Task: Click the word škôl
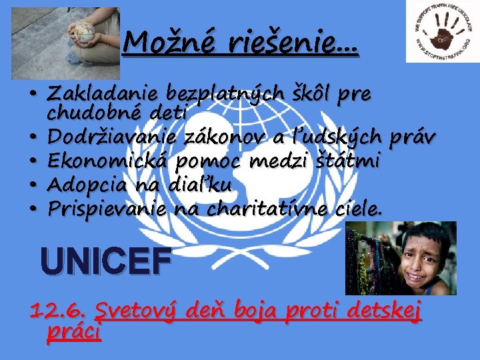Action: [x=311, y=92]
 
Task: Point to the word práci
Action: [x=73, y=331]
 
